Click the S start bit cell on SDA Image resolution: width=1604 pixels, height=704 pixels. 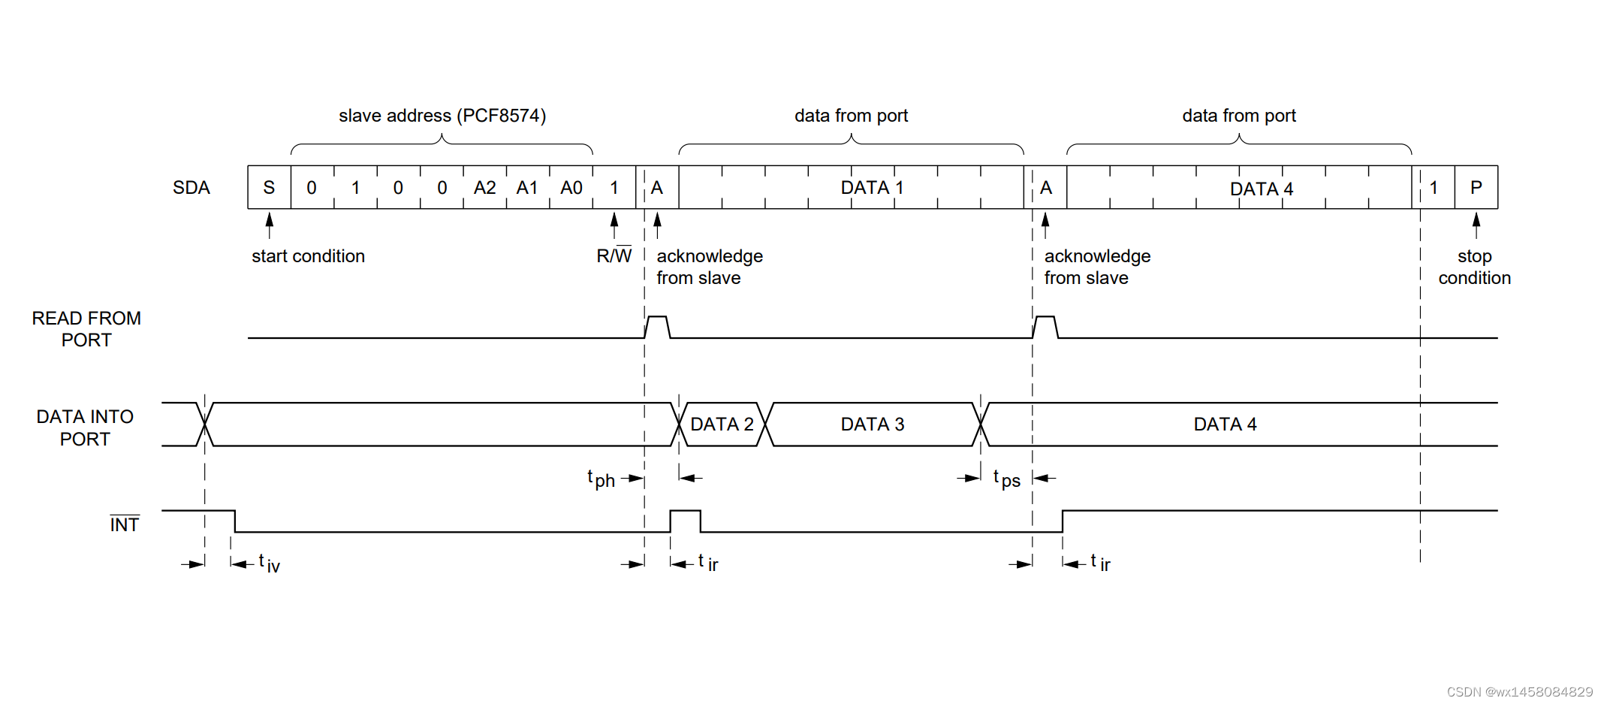coord(269,188)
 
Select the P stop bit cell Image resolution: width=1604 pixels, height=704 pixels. coord(1476,188)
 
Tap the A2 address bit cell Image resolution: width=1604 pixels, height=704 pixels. coord(484,188)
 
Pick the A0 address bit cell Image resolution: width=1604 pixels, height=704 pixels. coord(571,188)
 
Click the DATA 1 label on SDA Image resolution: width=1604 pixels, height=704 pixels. coord(872,188)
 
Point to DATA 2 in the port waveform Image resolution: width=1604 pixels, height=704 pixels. coord(722,425)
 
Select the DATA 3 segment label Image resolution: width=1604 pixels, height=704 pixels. coord(872,425)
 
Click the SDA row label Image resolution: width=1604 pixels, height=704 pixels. coord(191,188)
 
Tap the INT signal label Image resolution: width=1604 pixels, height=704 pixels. coord(125,524)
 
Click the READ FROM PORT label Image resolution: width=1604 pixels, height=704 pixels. coord(86,329)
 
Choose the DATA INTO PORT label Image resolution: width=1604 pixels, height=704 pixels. coord(85,428)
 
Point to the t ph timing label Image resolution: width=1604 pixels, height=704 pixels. coord(601,479)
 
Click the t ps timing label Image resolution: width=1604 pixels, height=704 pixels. coord(1006,479)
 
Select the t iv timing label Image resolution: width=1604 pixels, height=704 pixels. coord(269,563)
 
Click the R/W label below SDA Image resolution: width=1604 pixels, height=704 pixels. coord(614,255)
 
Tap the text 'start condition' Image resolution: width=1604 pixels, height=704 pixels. coord(308,256)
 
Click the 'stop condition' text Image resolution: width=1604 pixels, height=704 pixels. coord(1474,267)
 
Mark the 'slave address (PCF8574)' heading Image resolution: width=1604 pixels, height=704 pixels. coord(442,116)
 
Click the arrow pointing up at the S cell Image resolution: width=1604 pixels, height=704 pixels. coord(270,224)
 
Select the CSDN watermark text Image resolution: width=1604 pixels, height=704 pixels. coord(1519,692)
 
